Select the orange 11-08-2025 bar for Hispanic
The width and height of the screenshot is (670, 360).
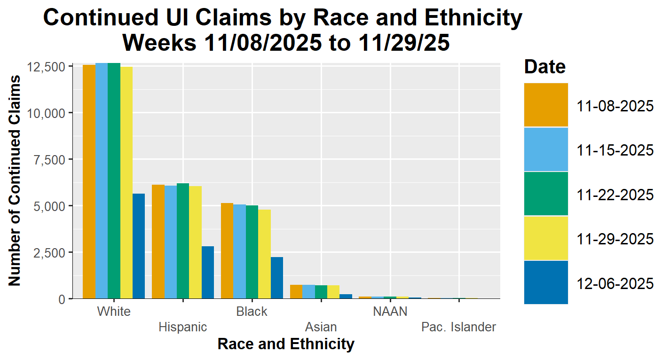158,242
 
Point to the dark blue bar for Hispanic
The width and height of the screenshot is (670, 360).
208,272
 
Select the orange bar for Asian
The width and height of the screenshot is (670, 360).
296,291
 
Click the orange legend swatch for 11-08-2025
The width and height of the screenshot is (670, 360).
546,105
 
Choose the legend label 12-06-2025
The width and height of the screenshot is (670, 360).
615,283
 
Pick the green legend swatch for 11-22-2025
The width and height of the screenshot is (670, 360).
546,194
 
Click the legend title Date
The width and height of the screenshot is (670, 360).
545,67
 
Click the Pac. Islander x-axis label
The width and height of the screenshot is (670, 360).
458,327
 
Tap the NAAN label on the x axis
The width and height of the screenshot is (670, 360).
390,312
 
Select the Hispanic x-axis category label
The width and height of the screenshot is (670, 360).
183,327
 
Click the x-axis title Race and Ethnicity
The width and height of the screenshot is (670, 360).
285,344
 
